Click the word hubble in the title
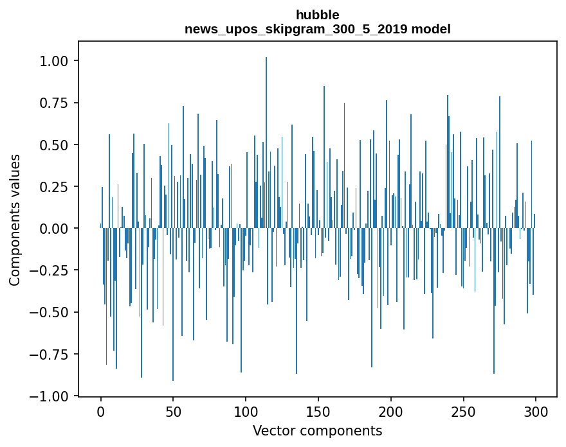(318, 15)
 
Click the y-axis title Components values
(15, 220)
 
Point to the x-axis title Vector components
(318, 431)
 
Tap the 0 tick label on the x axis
(101, 412)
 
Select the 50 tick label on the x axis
(173, 412)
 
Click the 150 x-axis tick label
(318, 412)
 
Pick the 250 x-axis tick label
(463, 412)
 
